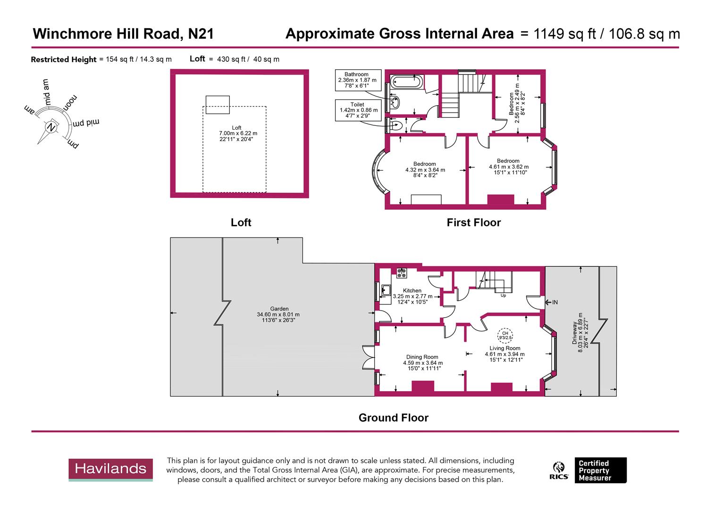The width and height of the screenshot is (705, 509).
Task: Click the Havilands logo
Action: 110,469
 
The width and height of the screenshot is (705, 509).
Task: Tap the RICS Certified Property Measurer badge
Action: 588,470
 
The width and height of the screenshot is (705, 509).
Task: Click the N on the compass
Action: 51,127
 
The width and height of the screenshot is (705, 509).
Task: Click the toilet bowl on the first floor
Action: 395,125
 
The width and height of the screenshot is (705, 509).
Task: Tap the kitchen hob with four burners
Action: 402,272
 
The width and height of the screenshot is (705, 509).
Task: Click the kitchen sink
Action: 386,290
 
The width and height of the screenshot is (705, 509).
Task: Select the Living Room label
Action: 504,348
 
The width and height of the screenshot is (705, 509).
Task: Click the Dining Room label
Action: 422,357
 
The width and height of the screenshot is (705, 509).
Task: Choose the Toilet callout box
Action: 358,110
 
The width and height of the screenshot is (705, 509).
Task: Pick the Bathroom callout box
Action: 358,81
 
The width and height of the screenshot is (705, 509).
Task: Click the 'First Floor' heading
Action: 473,222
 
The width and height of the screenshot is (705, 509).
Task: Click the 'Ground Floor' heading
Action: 393,418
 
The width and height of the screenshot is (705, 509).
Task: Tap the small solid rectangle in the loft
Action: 218,105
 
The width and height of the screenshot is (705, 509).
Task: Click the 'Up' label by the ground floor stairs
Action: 504,296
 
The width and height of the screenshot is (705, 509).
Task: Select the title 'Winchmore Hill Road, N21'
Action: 123,34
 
